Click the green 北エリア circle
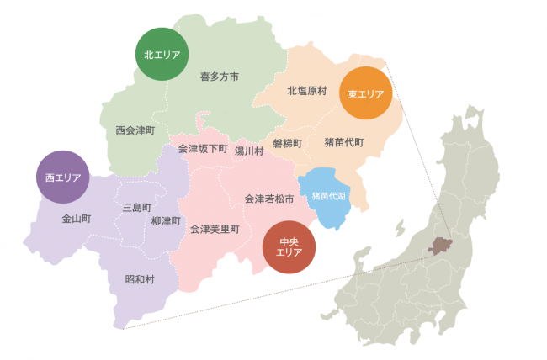tap(161, 55)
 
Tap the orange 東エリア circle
tap(365, 94)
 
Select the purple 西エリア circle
tap(63, 177)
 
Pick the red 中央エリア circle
tap(289, 246)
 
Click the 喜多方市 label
tap(220, 77)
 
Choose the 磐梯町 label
tap(287, 143)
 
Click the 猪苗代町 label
tap(344, 143)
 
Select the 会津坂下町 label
tap(203, 149)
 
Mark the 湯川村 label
tap(249, 151)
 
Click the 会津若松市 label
tap(269, 199)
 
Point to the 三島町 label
tap(136, 207)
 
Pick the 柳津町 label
tap(166, 220)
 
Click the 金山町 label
tap(76, 219)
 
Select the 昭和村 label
tap(140, 279)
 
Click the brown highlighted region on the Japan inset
tap(440, 246)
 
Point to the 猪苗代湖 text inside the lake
tap(327, 195)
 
